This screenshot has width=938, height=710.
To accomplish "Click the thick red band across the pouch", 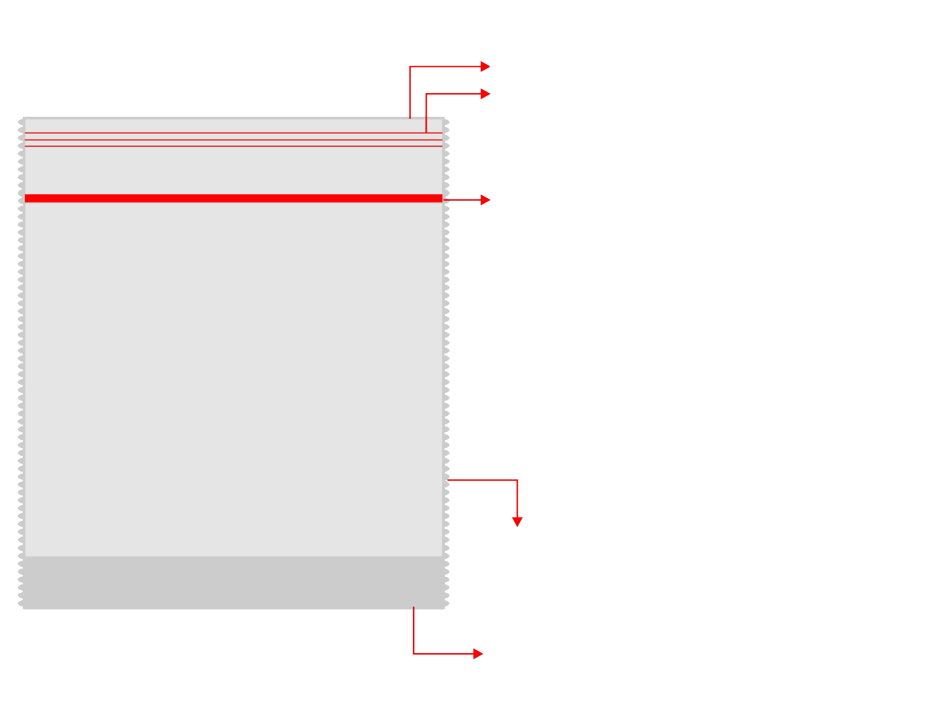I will click(x=234, y=198).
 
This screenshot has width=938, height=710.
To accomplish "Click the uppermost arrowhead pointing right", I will click(x=486, y=67).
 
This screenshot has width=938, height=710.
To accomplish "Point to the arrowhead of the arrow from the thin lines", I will click(x=486, y=94).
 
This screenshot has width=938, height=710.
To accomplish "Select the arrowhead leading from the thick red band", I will click(x=486, y=200).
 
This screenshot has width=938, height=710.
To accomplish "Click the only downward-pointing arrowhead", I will click(x=517, y=522).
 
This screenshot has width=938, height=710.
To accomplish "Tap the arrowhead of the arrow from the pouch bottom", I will click(x=478, y=654).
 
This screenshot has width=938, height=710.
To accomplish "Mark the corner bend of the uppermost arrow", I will click(x=410, y=67).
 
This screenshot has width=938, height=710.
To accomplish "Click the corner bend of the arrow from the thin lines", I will click(x=427, y=94).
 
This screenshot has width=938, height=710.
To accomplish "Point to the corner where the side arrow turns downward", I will click(x=517, y=480).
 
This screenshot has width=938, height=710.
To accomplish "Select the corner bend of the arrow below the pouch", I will click(x=414, y=654).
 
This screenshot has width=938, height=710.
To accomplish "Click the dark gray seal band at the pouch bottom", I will click(x=234, y=582).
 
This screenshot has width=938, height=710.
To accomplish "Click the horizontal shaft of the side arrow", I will click(x=482, y=480).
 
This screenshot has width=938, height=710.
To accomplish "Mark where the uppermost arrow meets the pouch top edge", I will click(x=410, y=118).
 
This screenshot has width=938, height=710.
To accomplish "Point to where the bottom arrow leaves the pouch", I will click(x=414, y=608).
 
